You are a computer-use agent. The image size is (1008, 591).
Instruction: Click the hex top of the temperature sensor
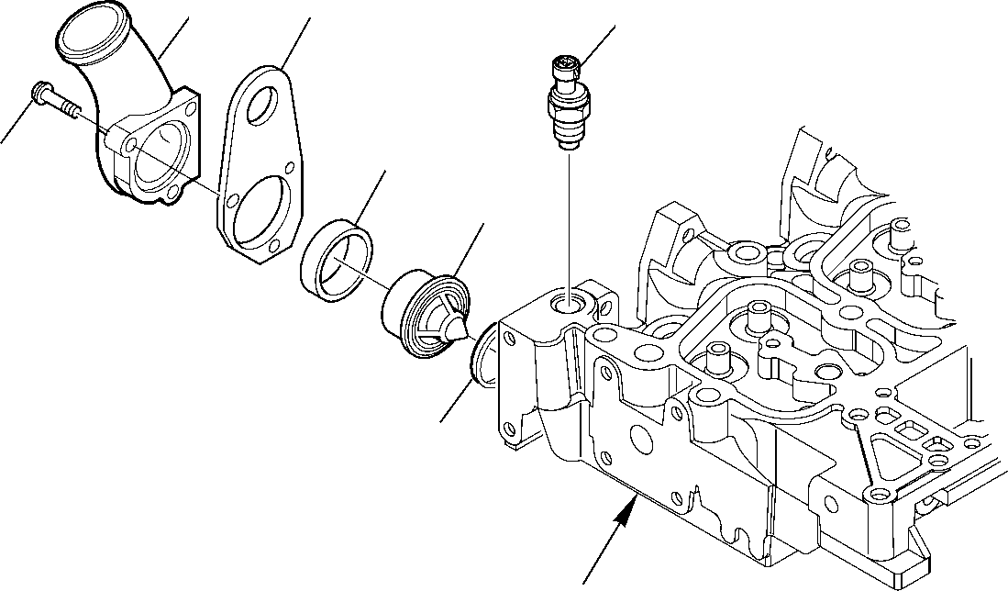pyautogui.click(x=566, y=66)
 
